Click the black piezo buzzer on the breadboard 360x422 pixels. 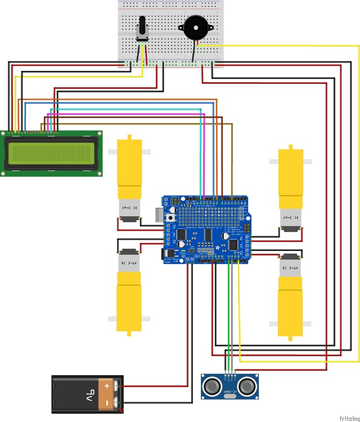pos(193,26)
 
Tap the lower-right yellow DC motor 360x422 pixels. pos(291,295)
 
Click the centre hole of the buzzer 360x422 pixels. pos(193,26)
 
